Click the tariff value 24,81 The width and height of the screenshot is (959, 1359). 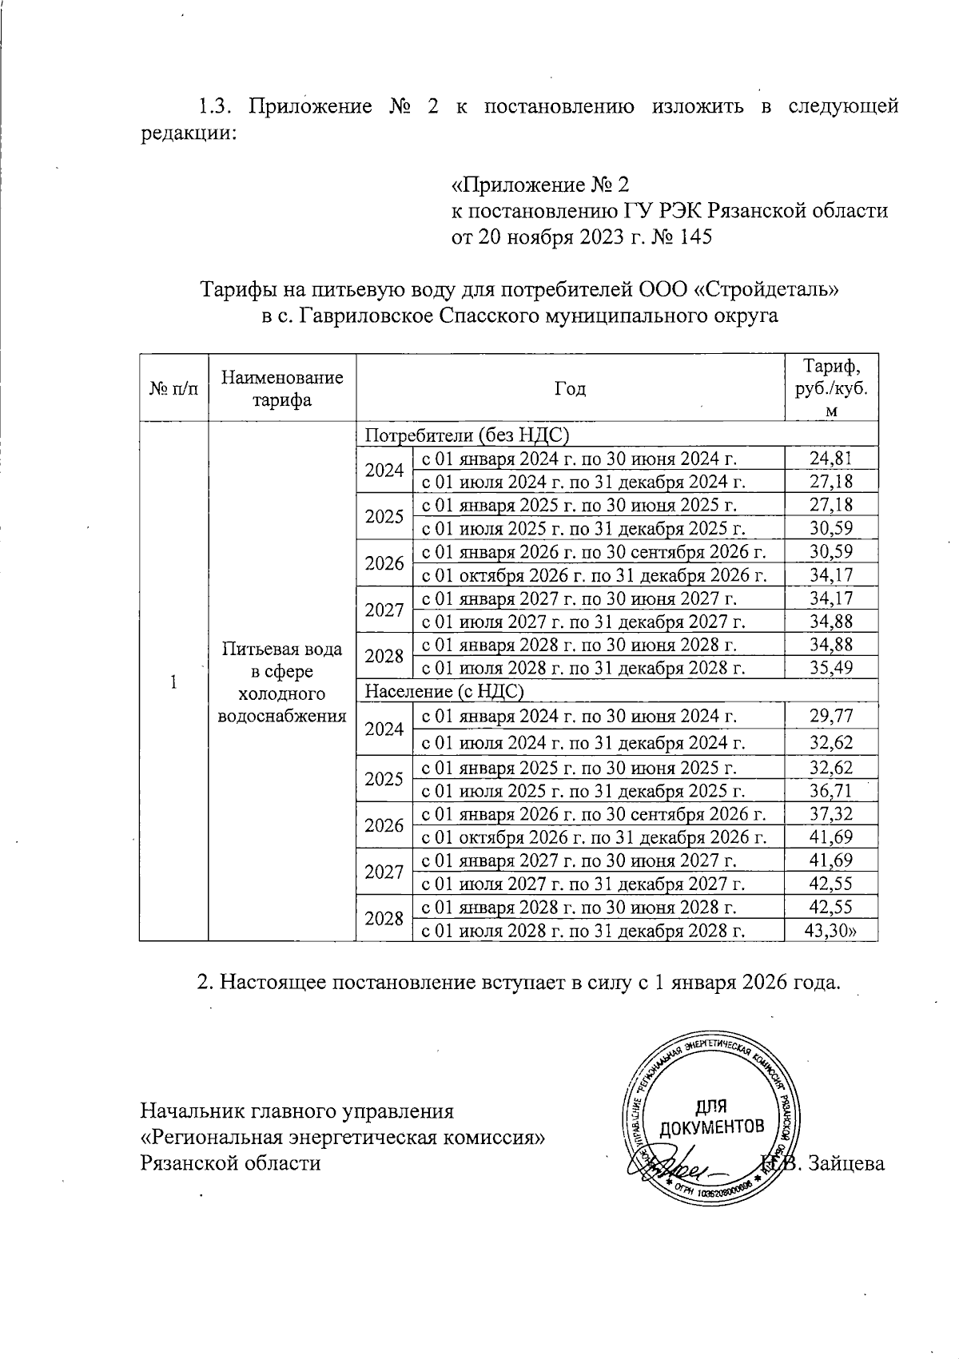click(830, 458)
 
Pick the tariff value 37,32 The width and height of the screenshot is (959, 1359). click(830, 814)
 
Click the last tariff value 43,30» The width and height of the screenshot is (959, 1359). click(832, 930)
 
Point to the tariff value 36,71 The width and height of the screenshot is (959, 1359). click(830, 791)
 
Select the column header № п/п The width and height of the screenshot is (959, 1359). click(173, 389)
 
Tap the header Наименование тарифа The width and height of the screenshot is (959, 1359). click(281, 388)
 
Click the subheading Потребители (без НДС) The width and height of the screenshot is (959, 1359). click(466, 435)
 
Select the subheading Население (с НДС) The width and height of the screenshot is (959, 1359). click(444, 691)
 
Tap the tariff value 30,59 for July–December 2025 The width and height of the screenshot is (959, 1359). click(830, 528)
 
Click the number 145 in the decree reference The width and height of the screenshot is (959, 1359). click(694, 237)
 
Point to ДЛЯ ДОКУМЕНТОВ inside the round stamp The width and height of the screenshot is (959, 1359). click(709, 1117)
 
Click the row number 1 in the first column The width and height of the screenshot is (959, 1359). click(173, 681)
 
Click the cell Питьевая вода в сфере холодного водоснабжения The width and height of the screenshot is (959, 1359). click(281, 681)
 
